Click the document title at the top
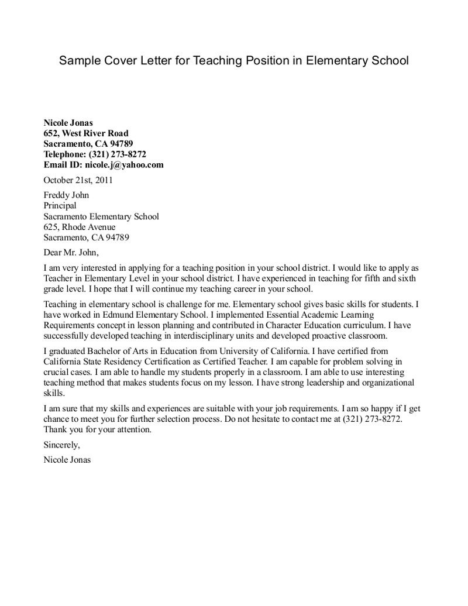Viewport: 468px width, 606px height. pyautogui.click(x=233, y=61)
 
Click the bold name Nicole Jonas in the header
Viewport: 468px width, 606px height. pyautogui.click(x=68, y=123)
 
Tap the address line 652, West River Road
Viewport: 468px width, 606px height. pyautogui.click(x=86, y=133)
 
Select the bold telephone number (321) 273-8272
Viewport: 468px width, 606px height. pyautogui.click(x=117, y=154)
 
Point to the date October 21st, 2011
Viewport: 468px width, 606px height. pyautogui.click(x=78, y=180)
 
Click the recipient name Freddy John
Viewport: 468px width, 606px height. pyautogui.click(x=66, y=195)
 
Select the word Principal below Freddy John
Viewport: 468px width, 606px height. pyautogui.click(x=60, y=206)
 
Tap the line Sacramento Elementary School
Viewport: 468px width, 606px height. pyautogui.click(x=101, y=216)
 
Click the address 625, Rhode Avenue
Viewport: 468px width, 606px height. pyautogui.click(x=80, y=227)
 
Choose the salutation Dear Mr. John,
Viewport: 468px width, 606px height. pyautogui.click(x=71, y=253)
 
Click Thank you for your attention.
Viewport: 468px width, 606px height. pyautogui.click(x=98, y=429)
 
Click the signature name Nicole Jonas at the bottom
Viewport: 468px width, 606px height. pyautogui.click(x=67, y=460)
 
